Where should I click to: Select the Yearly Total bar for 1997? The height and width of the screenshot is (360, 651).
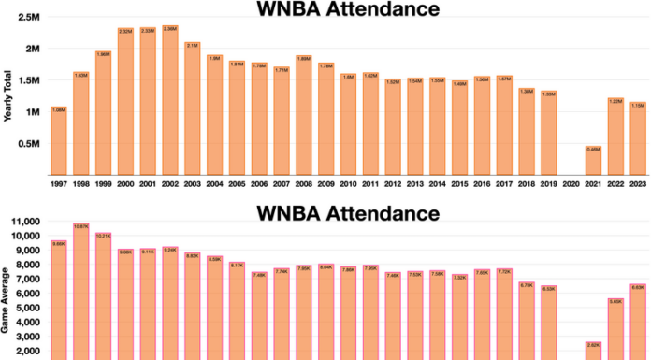(x=58, y=140)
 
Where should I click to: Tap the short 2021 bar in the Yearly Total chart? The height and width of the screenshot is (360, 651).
(x=593, y=160)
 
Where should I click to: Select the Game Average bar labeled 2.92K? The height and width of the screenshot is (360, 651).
(x=593, y=351)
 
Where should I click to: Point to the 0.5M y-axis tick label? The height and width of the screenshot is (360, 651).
(x=28, y=144)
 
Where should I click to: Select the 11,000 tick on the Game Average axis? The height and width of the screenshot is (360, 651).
(x=23, y=222)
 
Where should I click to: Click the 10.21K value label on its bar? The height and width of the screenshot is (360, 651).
(x=103, y=235)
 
